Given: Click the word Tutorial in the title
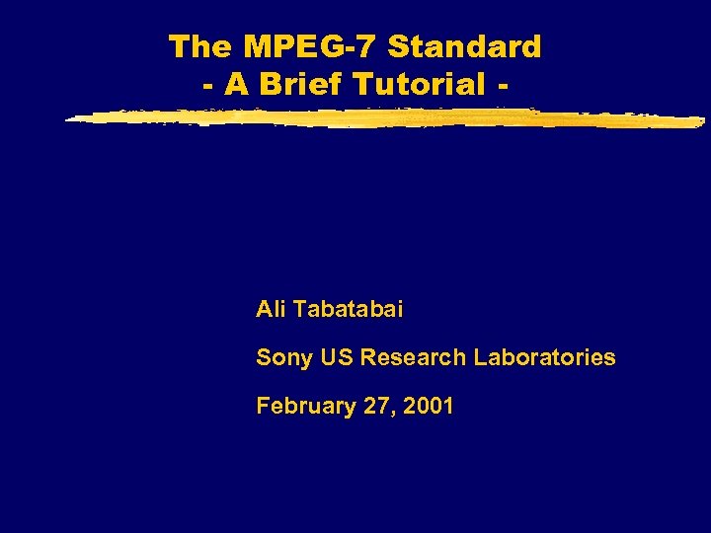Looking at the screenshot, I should coord(418,84).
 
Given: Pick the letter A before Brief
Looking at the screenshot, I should coord(236,84).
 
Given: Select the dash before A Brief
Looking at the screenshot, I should coord(208,86).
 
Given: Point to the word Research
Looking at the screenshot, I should coord(413,357).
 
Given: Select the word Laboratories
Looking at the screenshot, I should coord(544,357).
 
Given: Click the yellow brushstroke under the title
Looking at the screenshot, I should coord(385,118).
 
